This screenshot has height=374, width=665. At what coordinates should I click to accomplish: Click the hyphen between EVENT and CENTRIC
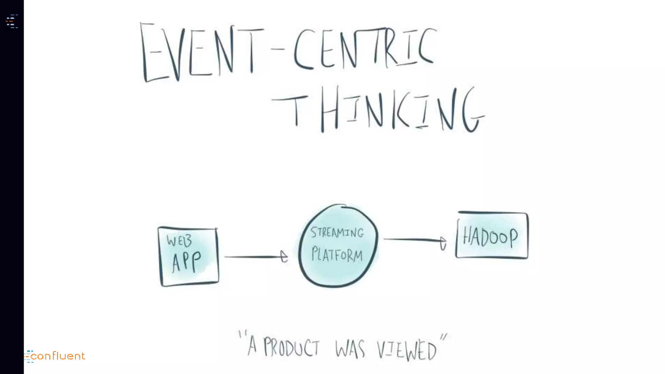278,49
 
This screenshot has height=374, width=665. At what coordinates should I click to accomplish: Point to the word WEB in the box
179,241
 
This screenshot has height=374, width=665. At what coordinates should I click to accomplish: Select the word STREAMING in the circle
337,232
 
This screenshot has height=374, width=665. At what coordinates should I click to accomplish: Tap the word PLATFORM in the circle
337,255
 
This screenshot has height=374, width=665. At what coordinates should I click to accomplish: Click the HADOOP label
490,237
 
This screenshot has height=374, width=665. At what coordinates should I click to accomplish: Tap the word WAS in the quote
350,349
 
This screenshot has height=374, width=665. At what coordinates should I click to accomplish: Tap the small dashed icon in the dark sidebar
12,21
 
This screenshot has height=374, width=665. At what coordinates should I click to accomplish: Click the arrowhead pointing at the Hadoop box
443,243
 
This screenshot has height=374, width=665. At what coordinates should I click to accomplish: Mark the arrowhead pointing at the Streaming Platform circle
284,256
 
